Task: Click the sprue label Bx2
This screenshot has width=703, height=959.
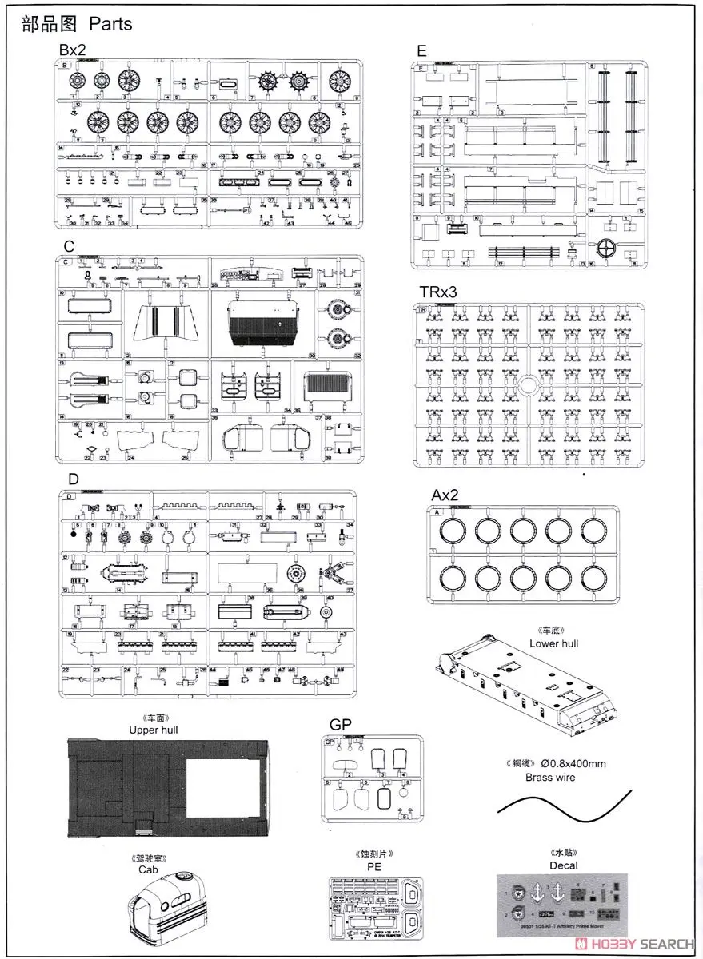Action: pyautogui.click(x=72, y=50)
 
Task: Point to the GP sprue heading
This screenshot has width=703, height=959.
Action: pyautogui.click(x=340, y=724)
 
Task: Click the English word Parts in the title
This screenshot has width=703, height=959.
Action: pyautogui.click(x=110, y=23)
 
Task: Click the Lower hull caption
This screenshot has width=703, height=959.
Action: pyautogui.click(x=553, y=643)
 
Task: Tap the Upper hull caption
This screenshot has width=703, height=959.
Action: pyautogui.click(x=154, y=730)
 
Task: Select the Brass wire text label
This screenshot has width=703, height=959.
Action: pyautogui.click(x=549, y=777)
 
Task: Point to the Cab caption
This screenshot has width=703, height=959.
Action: pyautogui.click(x=148, y=869)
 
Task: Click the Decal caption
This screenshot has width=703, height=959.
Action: pyautogui.click(x=563, y=865)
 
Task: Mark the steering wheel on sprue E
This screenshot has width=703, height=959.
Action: pyautogui.click(x=609, y=247)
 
